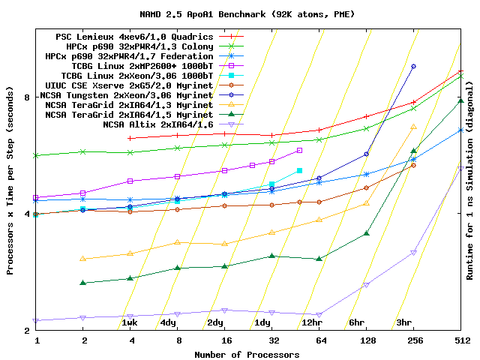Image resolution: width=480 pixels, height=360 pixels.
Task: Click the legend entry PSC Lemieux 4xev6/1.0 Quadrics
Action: pos(134,36)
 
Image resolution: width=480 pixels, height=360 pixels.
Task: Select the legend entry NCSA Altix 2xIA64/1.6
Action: pos(157,124)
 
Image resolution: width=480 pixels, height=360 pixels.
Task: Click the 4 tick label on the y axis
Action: pos(25,214)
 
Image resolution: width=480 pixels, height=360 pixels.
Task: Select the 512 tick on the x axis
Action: pos(460,341)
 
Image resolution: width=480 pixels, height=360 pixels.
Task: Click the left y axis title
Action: pos(10,180)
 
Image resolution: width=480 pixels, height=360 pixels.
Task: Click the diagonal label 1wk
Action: pos(129,322)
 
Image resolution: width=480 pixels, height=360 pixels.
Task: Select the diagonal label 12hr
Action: pos(312,322)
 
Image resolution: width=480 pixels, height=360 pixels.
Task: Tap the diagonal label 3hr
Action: pos(404,322)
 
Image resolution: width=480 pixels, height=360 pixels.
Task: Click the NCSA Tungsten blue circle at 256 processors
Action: pos(413,67)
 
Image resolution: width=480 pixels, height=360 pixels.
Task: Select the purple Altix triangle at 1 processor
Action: pos(36,320)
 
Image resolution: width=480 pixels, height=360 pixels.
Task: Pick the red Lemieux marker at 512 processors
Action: pos(460,72)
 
